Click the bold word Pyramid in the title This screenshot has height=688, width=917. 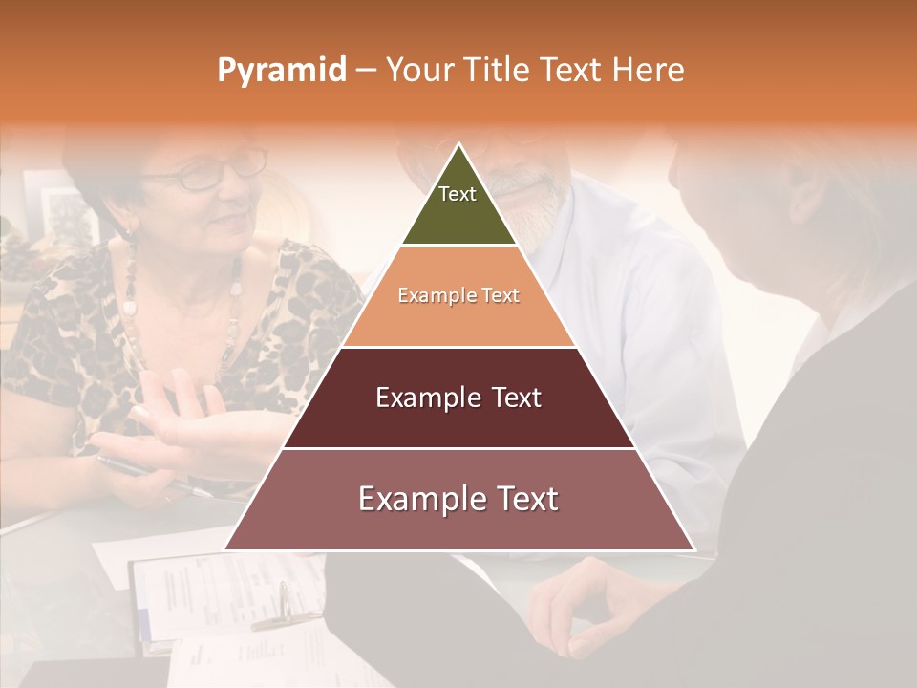coord(282,71)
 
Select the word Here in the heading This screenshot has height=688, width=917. coord(649,70)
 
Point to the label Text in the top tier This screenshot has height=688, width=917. coord(458,194)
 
